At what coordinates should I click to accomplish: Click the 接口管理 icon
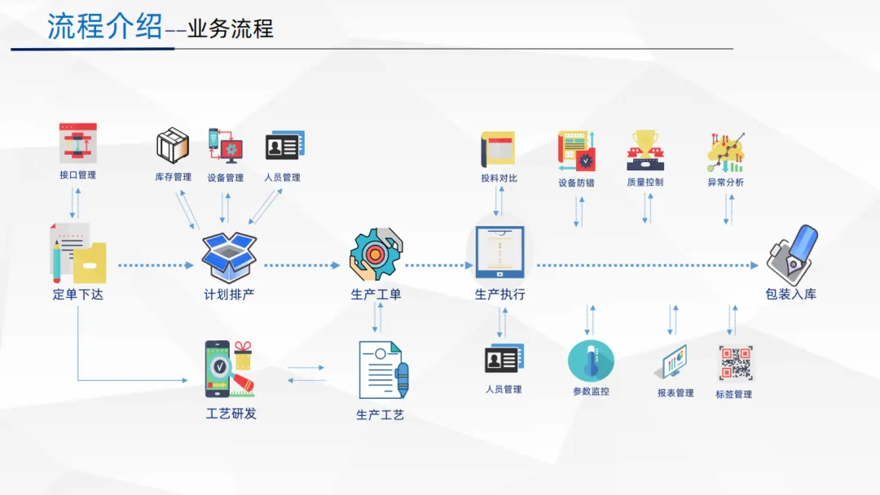pyautogui.click(x=78, y=143)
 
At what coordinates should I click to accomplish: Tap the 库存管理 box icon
pyautogui.click(x=173, y=146)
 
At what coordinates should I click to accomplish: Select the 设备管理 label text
pyautogui.click(x=225, y=177)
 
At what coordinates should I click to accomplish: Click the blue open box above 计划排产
pyautogui.click(x=229, y=254)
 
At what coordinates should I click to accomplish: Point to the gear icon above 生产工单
pyautogui.click(x=376, y=254)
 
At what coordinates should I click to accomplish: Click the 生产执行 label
pyautogui.click(x=499, y=295)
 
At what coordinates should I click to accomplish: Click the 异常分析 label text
pyautogui.click(x=725, y=182)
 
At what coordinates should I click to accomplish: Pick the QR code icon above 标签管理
pyautogui.click(x=735, y=363)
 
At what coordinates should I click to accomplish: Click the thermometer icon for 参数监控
pyautogui.click(x=591, y=361)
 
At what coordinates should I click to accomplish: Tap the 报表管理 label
pyautogui.click(x=675, y=393)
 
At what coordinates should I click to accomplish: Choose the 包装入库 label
pyautogui.click(x=790, y=295)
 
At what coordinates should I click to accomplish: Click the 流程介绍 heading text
pyautogui.click(x=104, y=27)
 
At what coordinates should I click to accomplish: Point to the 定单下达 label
pyautogui.click(x=78, y=295)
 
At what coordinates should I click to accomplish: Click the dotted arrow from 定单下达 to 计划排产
pyautogui.click(x=155, y=265)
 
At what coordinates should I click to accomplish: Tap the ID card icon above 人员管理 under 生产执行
pyautogui.click(x=504, y=358)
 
